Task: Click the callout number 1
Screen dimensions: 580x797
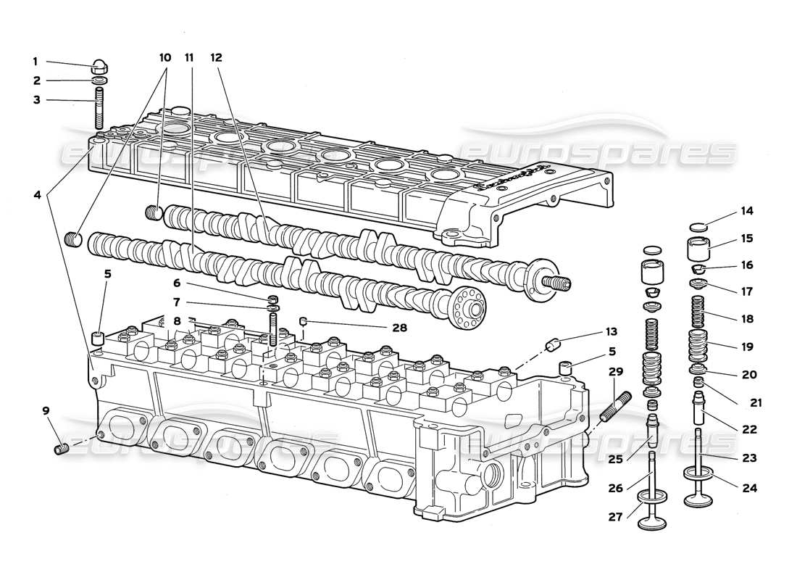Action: click(x=35, y=62)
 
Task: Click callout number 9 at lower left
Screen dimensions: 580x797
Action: click(x=46, y=411)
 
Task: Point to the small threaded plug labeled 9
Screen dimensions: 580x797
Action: click(x=62, y=449)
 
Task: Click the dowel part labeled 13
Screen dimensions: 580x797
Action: click(x=555, y=344)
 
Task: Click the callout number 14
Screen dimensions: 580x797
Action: click(x=747, y=212)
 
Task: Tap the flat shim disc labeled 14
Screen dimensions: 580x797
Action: click(x=697, y=226)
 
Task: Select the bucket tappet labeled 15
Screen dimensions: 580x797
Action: click(x=698, y=249)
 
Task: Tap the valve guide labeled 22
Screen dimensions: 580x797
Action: click(x=701, y=410)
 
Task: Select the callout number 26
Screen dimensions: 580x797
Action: click(x=615, y=489)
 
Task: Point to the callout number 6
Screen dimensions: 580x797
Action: click(x=176, y=283)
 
